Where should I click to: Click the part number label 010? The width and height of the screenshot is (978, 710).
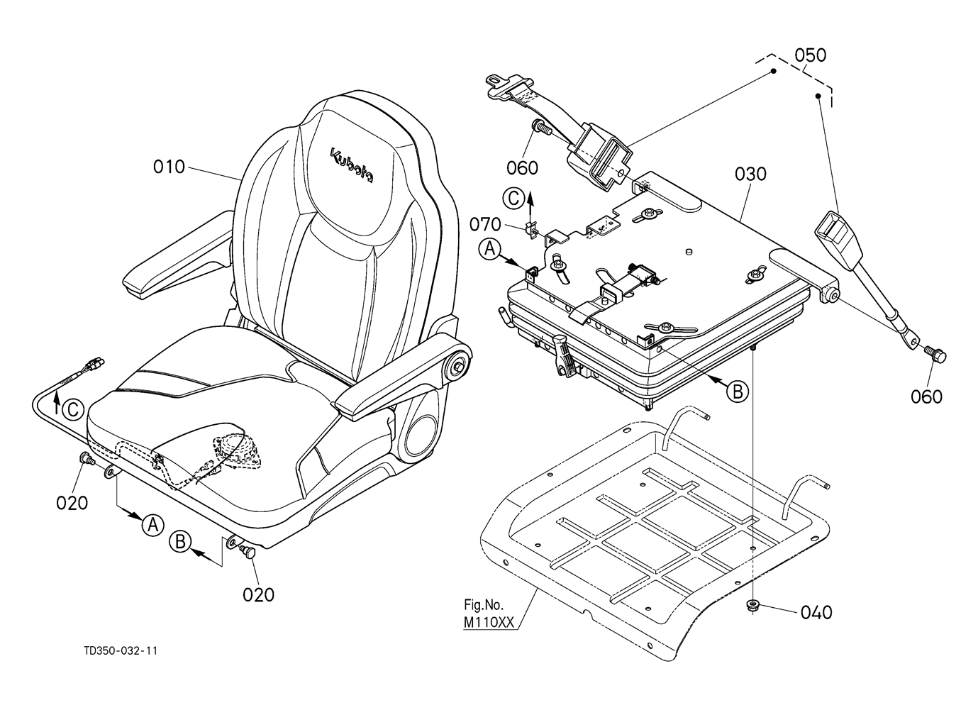pyautogui.click(x=169, y=167)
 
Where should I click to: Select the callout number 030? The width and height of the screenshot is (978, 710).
pyautogui.click(x=750, y=174)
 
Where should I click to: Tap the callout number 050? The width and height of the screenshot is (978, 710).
pyautogui.click(x=811, y=55)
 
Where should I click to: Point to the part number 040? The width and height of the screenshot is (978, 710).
pyautogui.click(x=816, y=613)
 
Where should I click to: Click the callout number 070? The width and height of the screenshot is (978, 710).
pyautogui.click(x=485, y=224)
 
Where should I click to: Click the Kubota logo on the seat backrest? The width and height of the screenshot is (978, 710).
pyautogui.click(x=352, y=166)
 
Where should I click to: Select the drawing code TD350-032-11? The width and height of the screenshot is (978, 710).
pyautogui.click(x=121, y=651)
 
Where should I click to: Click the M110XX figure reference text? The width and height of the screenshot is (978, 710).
pyautogui.click(x=489, y=622)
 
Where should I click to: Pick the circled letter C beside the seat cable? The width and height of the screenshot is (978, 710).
pyautogui.click(x=72, y=410)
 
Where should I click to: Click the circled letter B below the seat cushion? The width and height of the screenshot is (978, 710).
pyautogui.click(x=180, y=542)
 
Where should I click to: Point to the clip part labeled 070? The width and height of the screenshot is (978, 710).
pyautogui.click(x=530, y=230)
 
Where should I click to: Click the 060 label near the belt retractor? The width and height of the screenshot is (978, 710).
pyautogui.click(x=522, y=167)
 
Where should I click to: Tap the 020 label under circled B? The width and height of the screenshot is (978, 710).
pyautogui.click(x=258, y=594)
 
